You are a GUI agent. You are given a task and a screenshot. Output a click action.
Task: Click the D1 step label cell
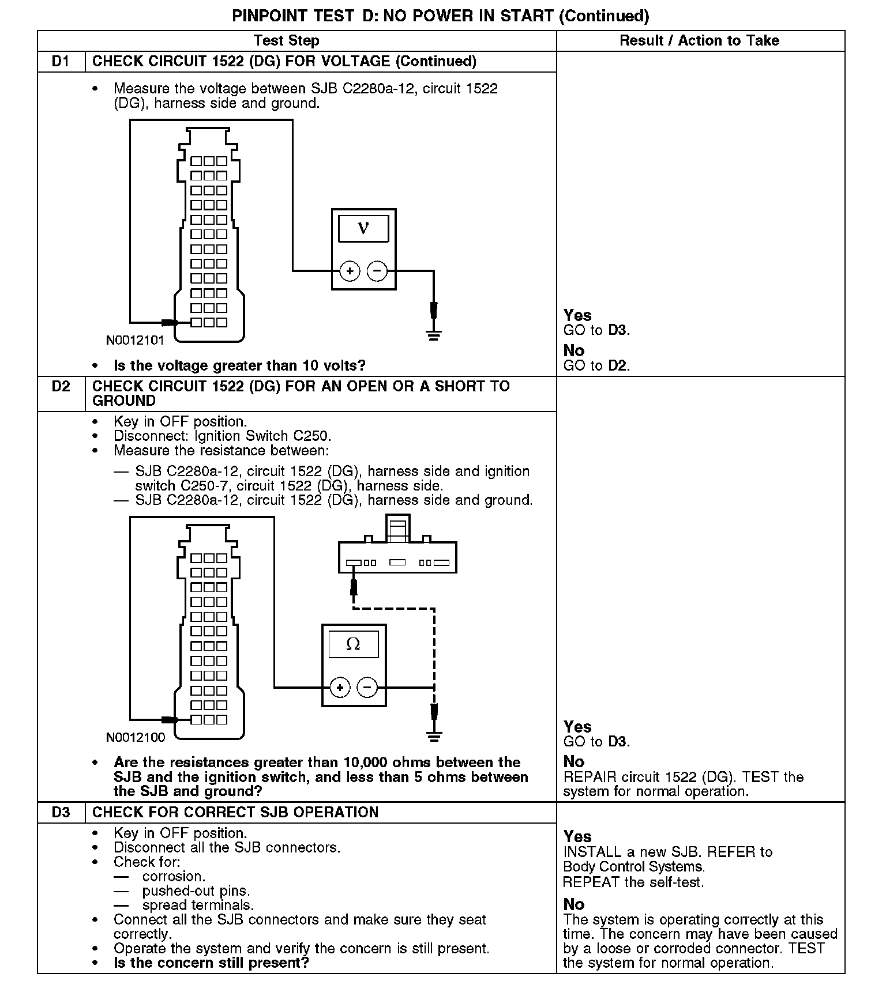pyautogui.click(x=61, y=62)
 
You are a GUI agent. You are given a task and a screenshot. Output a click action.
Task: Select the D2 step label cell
pyautogui.click(x=61, y=386)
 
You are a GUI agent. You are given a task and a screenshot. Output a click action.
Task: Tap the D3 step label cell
pyautogui.click(x=61, y=812)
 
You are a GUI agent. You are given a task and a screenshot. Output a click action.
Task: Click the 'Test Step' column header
pyautogui.click(x=287, y=41)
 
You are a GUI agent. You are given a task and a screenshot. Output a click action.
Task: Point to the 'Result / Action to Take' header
pyautogui.click(x=699, y=41)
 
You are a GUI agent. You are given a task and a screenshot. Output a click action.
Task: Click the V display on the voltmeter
pyautogui.click(x=363, y=228)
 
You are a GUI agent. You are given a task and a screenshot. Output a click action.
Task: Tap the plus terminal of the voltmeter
pyautogui.click(x=350, y=270)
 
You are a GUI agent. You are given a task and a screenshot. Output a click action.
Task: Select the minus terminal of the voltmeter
pyautogui.click(x=377, y=270)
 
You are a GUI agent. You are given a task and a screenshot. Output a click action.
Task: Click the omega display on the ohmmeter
pyautogui.click(x=354, y=644)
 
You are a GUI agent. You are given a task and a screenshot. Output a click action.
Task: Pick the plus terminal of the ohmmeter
pyautogui.click(x=340, y=687)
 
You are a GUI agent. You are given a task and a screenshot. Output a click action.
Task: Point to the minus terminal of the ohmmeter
pyautogui.click(x=367, y=687)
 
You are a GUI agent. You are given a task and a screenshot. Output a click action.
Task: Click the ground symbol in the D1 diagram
pyautogui.click(x=434, y=334)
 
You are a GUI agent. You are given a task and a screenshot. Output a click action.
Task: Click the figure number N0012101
pyautogui.click(x=135, y=341)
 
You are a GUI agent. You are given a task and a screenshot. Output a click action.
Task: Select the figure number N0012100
pyautogui.click(x=135, y=737)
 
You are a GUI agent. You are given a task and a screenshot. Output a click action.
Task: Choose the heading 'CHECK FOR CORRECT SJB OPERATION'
pyautogui.click(x=235, y=812)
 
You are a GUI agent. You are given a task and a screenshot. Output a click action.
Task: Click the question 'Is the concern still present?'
pyautogui.click(x=211, y=963)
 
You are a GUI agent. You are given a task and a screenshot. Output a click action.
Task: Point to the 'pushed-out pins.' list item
pyautogui.click(x=196, y=891)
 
